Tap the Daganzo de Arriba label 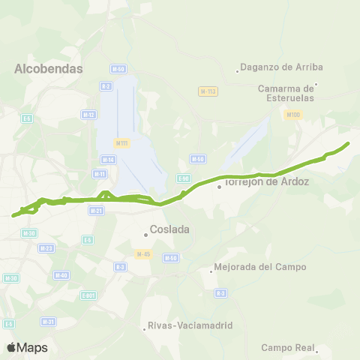276,67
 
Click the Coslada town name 169,229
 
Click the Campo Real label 286,347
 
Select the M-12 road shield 88,114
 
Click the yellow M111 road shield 121,142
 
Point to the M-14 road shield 107,159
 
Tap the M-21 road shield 97,211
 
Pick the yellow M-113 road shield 208,91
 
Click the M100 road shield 292,115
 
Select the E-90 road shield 184,178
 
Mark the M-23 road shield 46,247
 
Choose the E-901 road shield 89,295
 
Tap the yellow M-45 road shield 144,253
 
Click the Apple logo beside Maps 11,347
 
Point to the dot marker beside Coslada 146,234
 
